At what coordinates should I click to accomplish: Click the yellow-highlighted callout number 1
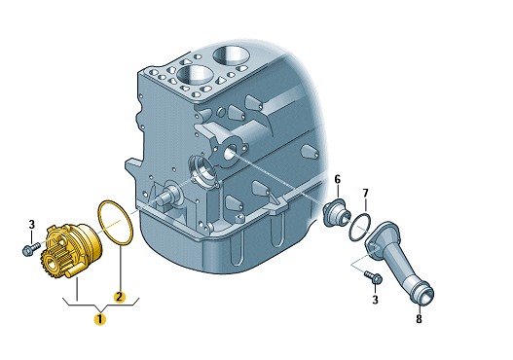100,319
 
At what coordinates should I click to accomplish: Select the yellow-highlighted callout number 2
119,297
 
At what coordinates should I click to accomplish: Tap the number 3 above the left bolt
32,225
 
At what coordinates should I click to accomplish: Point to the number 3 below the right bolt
376,300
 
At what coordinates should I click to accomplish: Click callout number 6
338,179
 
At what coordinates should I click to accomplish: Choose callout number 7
366,193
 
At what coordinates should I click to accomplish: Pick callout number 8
420,318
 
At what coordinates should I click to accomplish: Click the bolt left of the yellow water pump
31,248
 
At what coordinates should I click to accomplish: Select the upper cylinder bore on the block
230,54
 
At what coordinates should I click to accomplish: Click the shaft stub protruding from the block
165,197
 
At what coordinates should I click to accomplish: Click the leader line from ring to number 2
120,267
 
